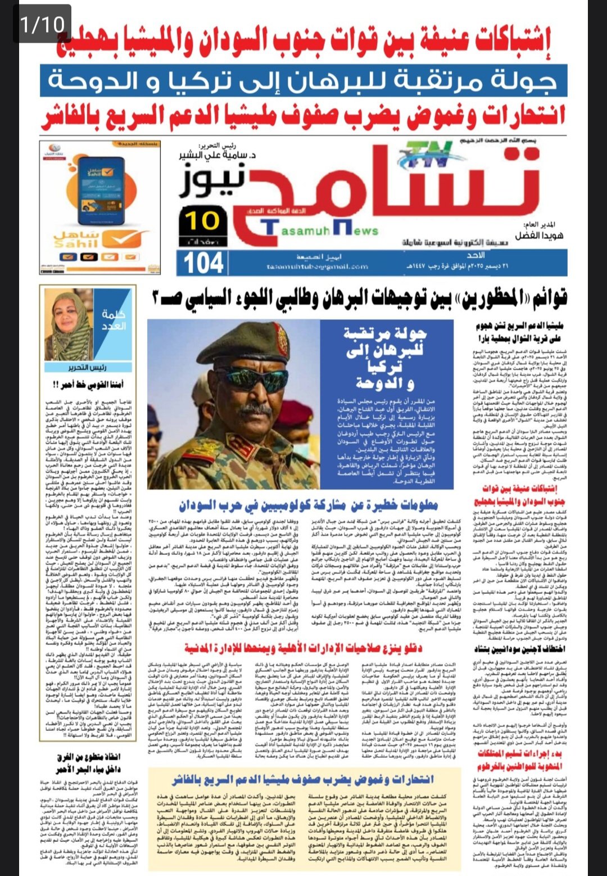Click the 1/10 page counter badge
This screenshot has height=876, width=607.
click(43, 24)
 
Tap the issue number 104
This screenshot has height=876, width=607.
click(204, 263)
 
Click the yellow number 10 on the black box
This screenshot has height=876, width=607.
click(202, 221)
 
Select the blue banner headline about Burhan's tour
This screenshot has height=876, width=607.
click(303, 80)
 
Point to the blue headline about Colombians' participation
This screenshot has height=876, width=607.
click(308, 504)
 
